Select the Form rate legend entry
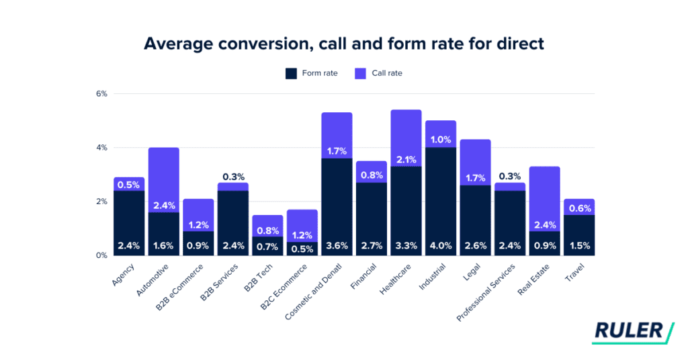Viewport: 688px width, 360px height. coord(311,73)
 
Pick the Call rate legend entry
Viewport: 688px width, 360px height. coord(378,73)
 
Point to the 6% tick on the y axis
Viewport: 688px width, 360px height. coord(101,93)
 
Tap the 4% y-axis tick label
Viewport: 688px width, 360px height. coord(101,147)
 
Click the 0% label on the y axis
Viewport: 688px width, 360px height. coord(101,255)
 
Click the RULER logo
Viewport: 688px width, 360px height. coord(632,332)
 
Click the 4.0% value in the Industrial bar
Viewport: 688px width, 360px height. coord(441,246)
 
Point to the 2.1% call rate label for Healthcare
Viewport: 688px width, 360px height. coord(406,160)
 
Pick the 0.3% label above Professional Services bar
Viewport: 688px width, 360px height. coord(509,177)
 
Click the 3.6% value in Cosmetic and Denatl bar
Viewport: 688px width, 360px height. coord(337,246)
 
